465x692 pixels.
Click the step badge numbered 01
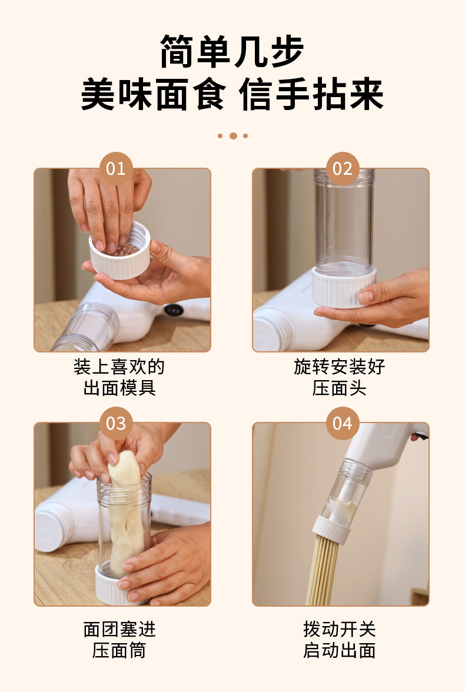116,168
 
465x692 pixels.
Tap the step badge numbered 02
342,168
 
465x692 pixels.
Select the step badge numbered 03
116,423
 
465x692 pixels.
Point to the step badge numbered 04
342,423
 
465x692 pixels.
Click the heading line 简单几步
232,52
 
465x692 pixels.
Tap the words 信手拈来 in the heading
311,94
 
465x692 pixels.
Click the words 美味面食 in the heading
154,94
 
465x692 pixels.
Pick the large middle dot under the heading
233,136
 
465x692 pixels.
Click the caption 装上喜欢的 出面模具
119,377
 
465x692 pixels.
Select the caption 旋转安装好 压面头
339,377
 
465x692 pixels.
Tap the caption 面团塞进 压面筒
119,640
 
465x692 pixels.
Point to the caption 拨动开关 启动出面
339,640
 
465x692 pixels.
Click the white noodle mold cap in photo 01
119,252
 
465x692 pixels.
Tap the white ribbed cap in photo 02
344,287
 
